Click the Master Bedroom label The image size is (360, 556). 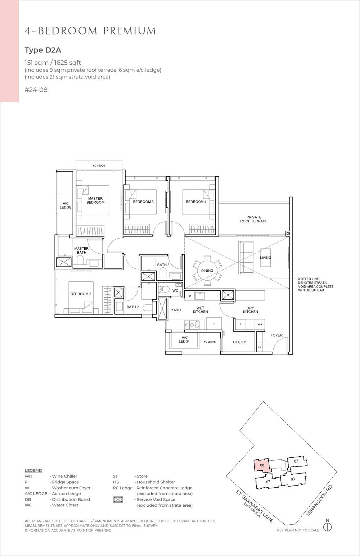click(x=95, y=200)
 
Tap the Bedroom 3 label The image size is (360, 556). click(x=143, y=202)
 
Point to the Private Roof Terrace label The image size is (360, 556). click(x=254, y=219)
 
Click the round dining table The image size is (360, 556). click(x=207, y=270)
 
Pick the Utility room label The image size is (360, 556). click(x=239, y=342)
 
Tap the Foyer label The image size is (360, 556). click(x=277, y=335)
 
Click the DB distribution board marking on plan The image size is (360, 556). click(x=259, y=348)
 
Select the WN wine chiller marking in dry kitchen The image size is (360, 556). click(x=260, y=324)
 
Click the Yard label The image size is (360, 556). click(x=176, y=310)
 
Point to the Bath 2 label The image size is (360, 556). click(x=132, y=307)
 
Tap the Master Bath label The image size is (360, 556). click(x=81, y=250)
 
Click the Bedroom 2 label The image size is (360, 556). click(x=81, y=294)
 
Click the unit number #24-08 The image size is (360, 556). click(x=36, y=90)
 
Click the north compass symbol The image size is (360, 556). click(x=327, y=526)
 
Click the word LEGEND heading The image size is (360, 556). click(x=33, y=470)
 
